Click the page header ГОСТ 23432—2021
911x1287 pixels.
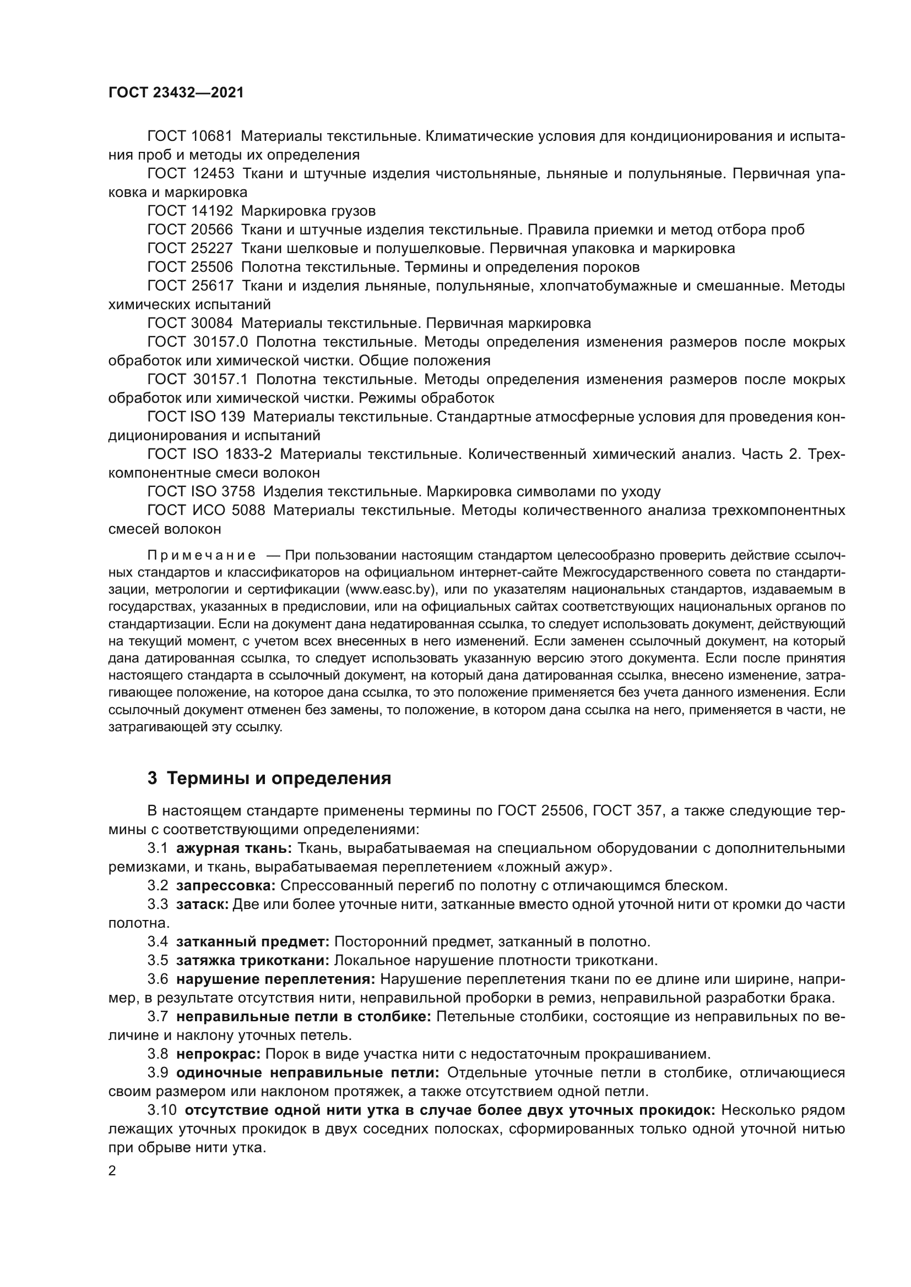[176, 93]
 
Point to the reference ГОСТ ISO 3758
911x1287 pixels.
[201, 491]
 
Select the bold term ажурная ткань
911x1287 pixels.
[234, 848]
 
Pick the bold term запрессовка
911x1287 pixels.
[225, 886]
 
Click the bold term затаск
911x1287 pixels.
[202, 904]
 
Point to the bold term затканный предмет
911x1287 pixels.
[252, 941]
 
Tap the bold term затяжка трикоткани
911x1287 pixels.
[252, 960]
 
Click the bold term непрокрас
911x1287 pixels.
[218, 1054]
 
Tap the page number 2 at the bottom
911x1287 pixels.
[112, 1171]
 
